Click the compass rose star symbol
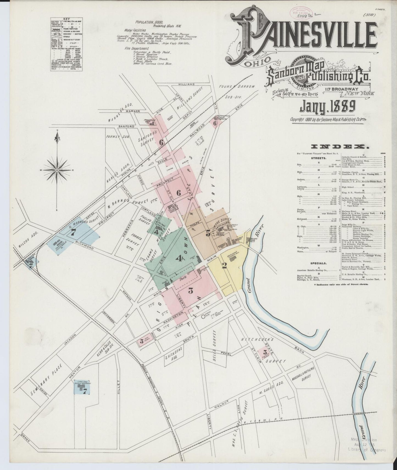(x=57, y=170)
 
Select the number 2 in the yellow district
(x=224, y=265)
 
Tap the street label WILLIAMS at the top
(x=186, y=84)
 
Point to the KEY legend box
(x=67, y=45)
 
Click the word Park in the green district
(x=183, y=279)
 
